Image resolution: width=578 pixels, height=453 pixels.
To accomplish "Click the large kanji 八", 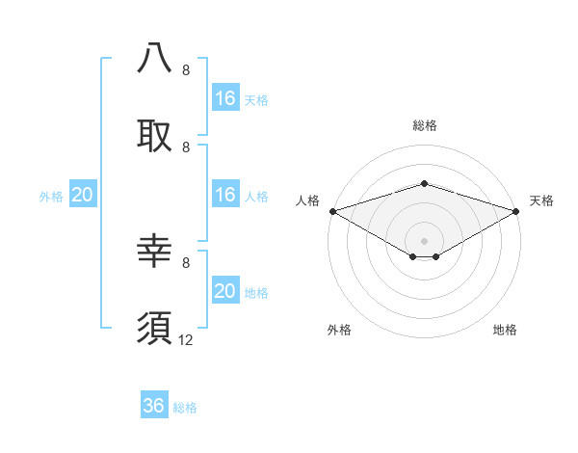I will (155, 59).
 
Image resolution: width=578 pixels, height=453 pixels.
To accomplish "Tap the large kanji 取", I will (155, 135).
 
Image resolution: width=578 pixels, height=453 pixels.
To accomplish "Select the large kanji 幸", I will (155, 252).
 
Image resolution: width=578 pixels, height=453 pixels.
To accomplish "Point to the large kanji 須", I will (155, 328).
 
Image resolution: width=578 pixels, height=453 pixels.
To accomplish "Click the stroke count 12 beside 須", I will (186, 339).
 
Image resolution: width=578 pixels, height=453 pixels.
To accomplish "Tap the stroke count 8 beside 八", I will (186, 70).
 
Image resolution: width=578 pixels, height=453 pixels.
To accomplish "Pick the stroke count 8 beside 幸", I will (186, 262).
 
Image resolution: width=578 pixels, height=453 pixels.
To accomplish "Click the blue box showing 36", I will (154, 406).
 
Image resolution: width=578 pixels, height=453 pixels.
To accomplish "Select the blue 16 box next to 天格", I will (225, 98).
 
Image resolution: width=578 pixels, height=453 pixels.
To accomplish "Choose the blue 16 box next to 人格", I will (225, 195).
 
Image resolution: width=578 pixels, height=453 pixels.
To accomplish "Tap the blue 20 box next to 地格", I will (225, 291).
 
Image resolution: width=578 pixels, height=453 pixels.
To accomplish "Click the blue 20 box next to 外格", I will (83, 195).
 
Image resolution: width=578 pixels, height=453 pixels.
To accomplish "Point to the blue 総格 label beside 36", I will (185, 407).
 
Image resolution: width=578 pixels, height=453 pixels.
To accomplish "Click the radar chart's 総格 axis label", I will (424, 125).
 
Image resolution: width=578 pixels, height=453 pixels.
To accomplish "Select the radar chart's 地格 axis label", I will (505, 330).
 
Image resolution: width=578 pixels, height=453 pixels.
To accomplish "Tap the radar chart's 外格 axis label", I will (339, 330).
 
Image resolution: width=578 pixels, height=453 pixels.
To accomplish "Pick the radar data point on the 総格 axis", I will (424, 183).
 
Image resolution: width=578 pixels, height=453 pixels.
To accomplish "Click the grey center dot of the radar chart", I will (424, 240).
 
